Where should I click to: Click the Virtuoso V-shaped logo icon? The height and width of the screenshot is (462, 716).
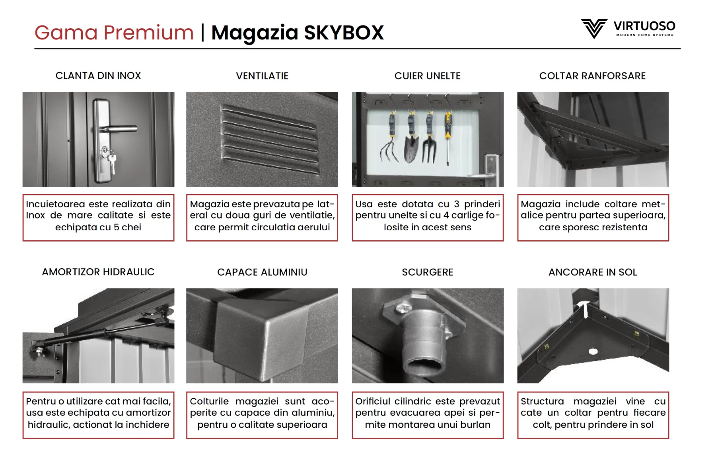pyautogui.click(x=593, y=28)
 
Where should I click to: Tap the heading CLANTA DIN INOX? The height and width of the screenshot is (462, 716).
pyautogui.click(x=98, y=76)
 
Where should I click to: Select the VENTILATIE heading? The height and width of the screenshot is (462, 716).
pyautogui.click(x=262, y=76)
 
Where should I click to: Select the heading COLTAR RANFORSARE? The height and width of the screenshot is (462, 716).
pyautogui.click(x=592, y=76)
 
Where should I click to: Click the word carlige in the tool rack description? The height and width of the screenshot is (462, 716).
pyautogui.click(x=467, y=215)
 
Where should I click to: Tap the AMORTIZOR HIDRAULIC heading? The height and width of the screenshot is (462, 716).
pyautogui.click(x=98, y=272)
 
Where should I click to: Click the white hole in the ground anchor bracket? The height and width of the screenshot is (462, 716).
pyautogui.click(x=593, y=351)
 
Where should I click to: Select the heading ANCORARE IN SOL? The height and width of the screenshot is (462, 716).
pyautogui.click(x=592, y=272)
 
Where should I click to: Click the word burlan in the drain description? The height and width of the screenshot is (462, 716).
pyautogui.click(x=475, y=425)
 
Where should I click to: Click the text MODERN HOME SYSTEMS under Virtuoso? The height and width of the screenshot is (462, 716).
pyautogui.click(x=644, y=35)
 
